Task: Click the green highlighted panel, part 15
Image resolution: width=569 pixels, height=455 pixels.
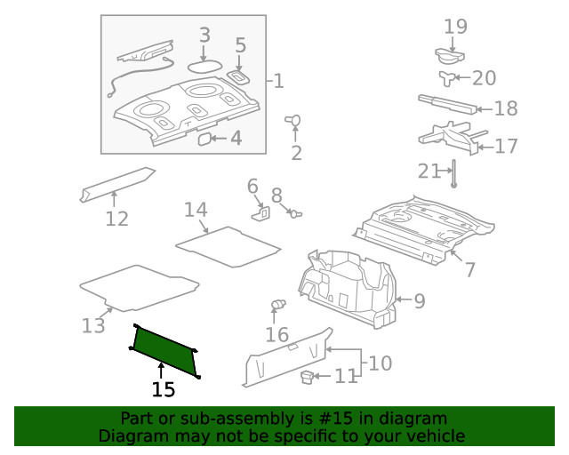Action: point(164,347)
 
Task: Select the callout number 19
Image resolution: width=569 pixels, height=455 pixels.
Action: point(455,27)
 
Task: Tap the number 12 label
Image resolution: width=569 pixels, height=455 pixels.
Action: point(116,219)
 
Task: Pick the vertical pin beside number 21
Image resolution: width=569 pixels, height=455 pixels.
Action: point(453,175)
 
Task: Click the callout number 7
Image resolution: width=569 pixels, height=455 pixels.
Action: point(470,270)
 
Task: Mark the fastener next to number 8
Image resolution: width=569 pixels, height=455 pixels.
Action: point(295,212)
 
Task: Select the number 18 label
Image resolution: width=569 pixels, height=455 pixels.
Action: point(505,108)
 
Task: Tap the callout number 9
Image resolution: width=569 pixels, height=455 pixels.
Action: point(419,301)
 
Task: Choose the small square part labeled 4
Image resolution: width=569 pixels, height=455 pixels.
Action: point(204,139)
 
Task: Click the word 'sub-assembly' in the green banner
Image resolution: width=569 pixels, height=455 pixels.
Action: point(214,419)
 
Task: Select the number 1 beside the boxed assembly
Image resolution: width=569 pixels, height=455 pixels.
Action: point(278,82)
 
